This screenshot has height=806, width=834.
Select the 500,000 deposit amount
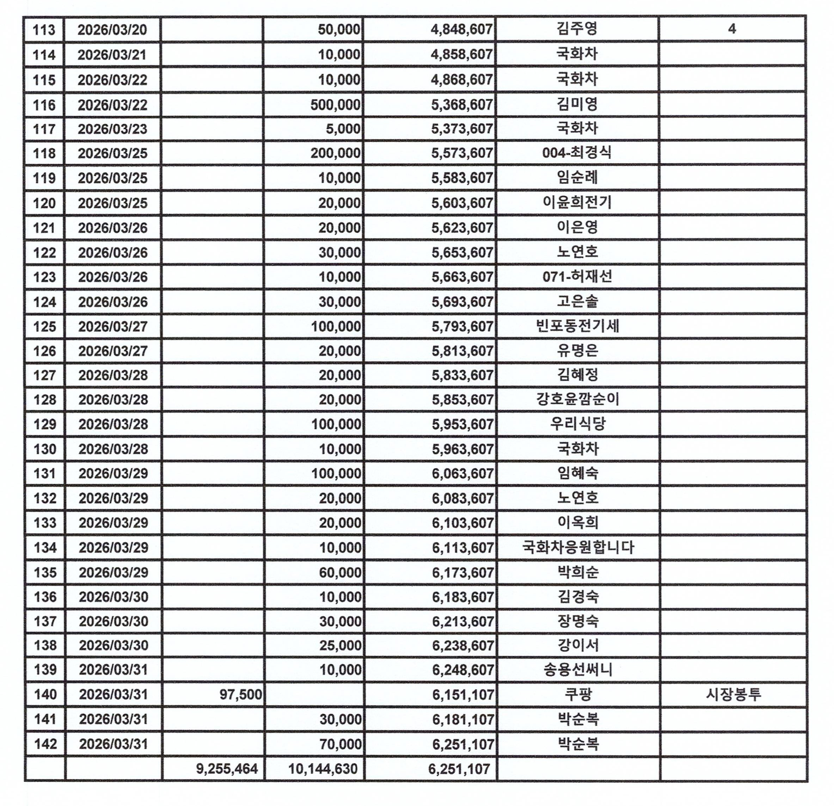(x=335, y=105)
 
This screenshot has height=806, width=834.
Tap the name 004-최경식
(x=577, y=153)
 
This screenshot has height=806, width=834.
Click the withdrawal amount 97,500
(x=240, y=695)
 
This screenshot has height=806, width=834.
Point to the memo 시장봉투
(x=733, y=695)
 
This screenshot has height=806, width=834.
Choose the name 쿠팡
(x=578, y=695)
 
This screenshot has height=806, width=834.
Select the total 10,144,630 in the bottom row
(x=323, y=769)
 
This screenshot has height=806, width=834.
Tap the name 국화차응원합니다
(x=578, y=547)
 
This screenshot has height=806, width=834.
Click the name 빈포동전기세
(x=577, y=326)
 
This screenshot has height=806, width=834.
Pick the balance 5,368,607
(x=462, y=105)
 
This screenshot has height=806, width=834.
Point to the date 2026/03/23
(x=112, y=129)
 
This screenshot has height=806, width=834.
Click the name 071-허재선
(x=577, y=277)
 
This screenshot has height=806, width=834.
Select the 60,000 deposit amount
(x=341, y=572)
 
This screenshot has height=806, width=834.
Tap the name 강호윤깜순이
(x=577, y=399)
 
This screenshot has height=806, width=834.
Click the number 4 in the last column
(x=732, y=29)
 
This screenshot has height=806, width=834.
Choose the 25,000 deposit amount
(x=341, y=645)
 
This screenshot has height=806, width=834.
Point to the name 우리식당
(x=577, y=424)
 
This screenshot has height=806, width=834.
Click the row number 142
(x=45, y=744)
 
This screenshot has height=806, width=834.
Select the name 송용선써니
(x=578, y=670)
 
